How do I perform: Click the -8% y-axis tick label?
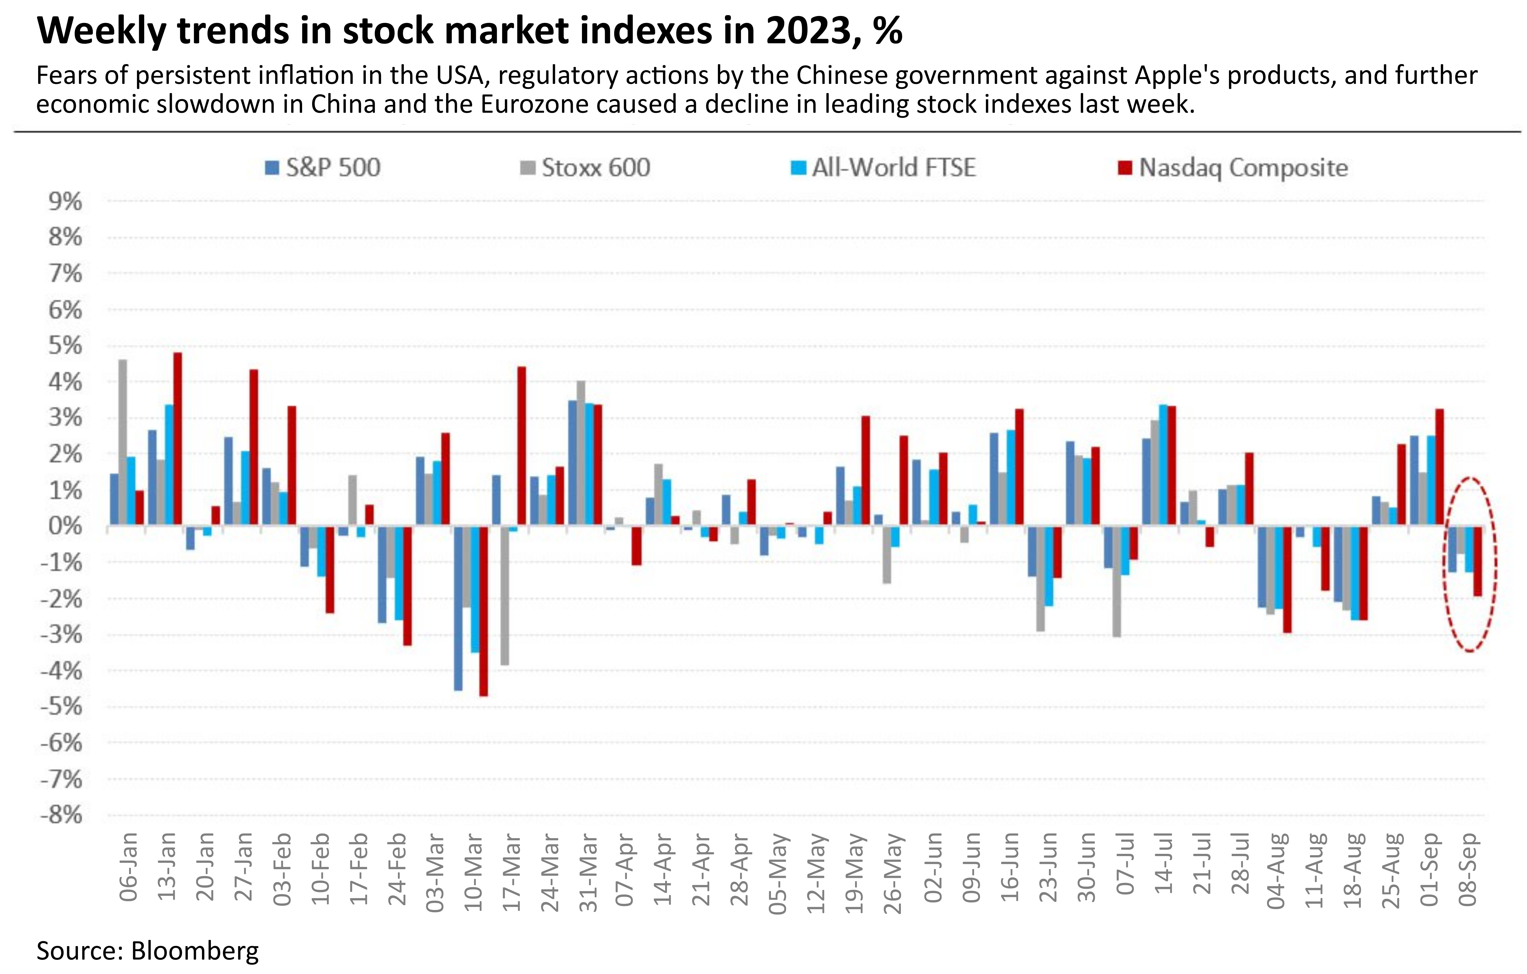[x=61, y=815]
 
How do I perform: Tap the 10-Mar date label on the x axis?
[x=474, y=872]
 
